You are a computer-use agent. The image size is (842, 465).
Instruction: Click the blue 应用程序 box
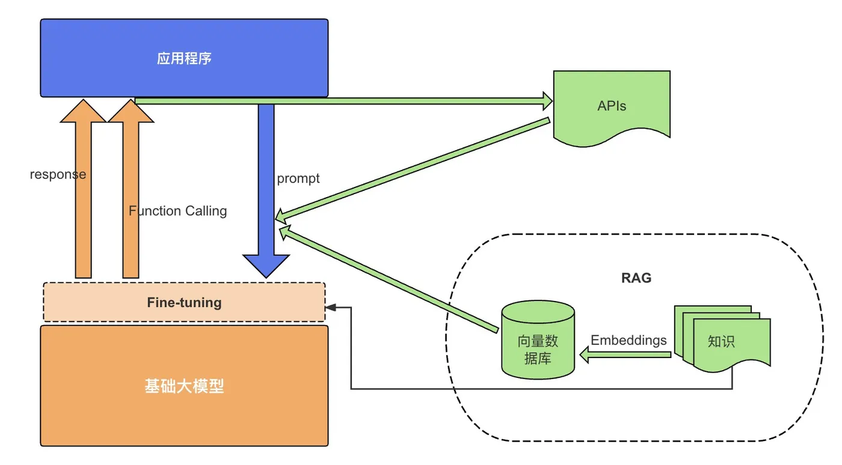click(184, 58)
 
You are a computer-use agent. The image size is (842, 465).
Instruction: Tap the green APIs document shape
click(612, 107)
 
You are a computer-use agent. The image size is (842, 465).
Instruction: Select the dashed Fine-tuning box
click(184, 302)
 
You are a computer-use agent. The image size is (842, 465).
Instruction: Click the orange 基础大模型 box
click(184, 386)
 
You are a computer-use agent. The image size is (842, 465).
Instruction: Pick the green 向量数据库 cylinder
click(538, 340)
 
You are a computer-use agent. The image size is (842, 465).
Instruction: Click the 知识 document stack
click(722, 339)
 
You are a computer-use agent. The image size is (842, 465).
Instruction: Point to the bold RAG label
click(636, 278)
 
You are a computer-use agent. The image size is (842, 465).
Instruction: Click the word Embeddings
click(628, 340)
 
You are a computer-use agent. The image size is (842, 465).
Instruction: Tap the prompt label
click(298, 179)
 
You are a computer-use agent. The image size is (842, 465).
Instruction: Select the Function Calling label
click(178, 211)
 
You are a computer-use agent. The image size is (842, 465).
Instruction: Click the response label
click(58, 174)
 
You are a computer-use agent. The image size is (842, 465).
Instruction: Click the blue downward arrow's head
click(266, 266)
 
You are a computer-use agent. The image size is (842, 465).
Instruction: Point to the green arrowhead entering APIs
click(548, 101)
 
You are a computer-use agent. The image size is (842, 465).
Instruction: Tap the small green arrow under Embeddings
click(625, 354)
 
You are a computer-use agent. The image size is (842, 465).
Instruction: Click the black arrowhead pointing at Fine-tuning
click(331, 308)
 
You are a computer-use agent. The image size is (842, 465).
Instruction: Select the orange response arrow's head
click(83, 111)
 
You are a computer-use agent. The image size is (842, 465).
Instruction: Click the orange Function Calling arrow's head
click(131, 111)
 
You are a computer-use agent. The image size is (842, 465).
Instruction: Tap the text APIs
click(612, 106)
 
